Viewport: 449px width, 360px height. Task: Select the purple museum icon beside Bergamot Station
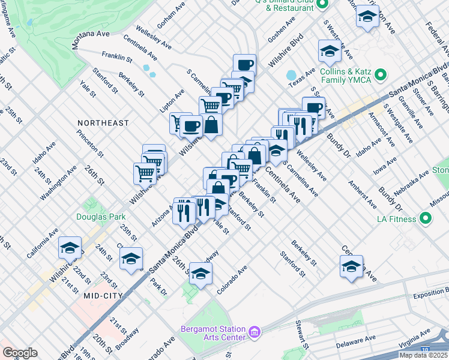pos(255,331)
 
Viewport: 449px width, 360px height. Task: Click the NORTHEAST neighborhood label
pos(103,123)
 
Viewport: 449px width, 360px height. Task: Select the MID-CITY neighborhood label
pos(103,295)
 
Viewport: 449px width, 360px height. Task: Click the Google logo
pos(20,352)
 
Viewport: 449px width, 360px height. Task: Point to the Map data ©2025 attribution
pos(423,355)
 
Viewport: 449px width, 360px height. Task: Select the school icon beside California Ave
pos(70,248)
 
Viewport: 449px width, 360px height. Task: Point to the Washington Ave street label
pos(58,183)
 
